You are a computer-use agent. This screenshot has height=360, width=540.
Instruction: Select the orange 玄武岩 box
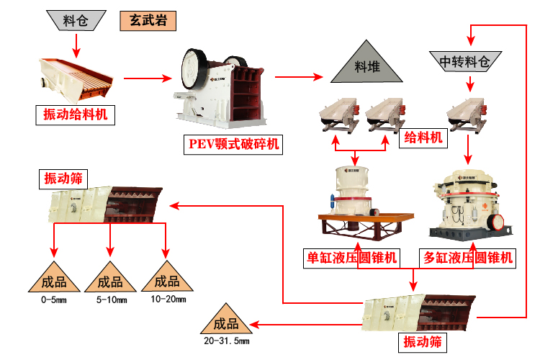click(148, 20)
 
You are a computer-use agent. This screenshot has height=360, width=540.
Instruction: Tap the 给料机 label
click(424, 138)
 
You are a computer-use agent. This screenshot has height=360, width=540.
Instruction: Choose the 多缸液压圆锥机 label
click(468, 258)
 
